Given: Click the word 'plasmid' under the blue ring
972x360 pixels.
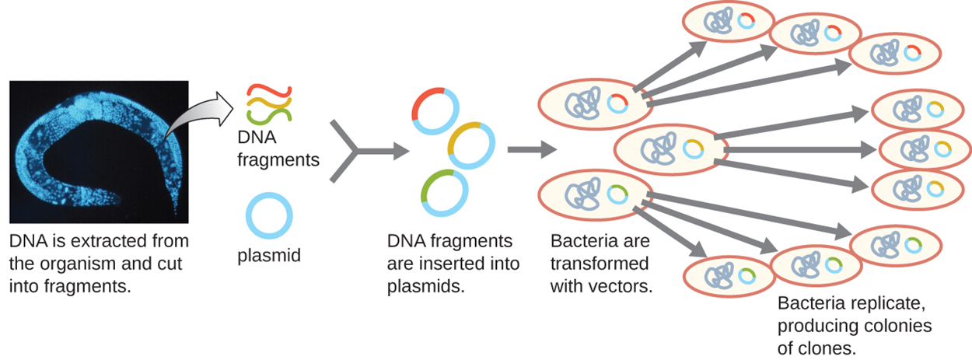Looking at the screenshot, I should pyautogui.click(x=269, y=255).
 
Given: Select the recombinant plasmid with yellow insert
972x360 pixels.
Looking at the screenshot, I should pyautogui.click(x=471, y=145).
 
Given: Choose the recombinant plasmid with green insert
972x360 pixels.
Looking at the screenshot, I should pyautogui.click(x=444, y=192).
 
